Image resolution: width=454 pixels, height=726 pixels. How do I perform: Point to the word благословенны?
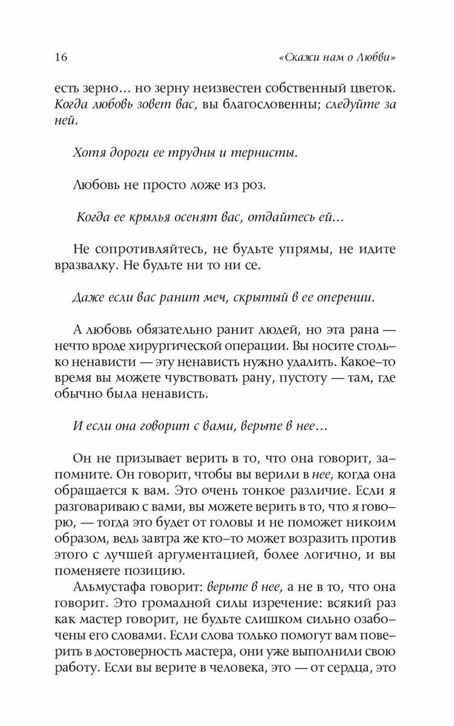265,105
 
